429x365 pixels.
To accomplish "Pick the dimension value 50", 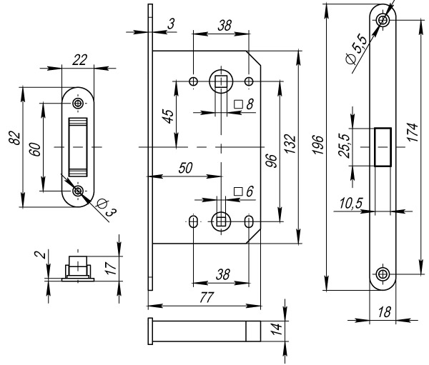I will click(x=186, y=169).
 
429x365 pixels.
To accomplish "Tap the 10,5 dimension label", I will click(x=350, y=204).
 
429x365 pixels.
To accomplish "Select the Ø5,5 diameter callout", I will click(x=355, y=51).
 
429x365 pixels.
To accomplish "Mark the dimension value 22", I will click(x=79, y=61).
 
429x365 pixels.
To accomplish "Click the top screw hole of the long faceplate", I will click(x=384, y=20).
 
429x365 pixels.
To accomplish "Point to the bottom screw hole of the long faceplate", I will click(x=384, y=274).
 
